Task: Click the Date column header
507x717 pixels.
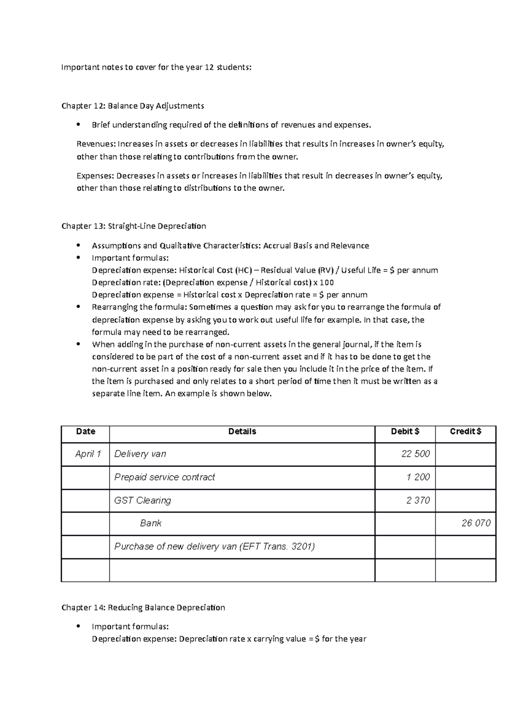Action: (x=85, y=431)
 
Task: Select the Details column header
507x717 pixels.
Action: (x=242, y=431)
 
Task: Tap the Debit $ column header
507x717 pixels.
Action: (x=405, y=431)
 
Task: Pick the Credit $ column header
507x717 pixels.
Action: (x=465, y=431)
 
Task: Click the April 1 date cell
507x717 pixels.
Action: (x=88, y=454)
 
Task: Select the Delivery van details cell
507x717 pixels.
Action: (x=140, y=454)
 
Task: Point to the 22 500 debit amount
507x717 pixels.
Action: (x=415, y=454)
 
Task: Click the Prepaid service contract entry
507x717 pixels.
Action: (x=164, y=477)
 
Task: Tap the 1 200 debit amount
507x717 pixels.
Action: (x=418, y=477)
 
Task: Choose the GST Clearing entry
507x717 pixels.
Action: (x=142, y=500)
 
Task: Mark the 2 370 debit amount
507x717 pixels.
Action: (x=418, y=500)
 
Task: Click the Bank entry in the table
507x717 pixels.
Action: (x=150, y=523)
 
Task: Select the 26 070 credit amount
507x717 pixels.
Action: (x=476, y=523)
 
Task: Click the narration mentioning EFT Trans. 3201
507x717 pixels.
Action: (x=214, y=546)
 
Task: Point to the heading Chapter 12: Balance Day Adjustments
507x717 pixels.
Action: (x=133, y=106)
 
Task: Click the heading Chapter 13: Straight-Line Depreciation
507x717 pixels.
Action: (x=134, y=226)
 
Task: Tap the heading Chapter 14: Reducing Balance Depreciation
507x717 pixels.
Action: (x=143, y=608)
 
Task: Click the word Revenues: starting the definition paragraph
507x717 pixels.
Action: (x=95, y=144)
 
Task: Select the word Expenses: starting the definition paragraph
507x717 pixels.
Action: (x=95, y=176)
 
